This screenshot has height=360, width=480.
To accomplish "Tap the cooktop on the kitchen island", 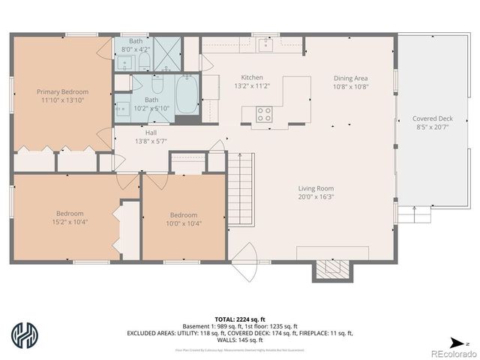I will tap(264, 114).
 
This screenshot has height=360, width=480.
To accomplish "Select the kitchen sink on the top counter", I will tap(265, 44).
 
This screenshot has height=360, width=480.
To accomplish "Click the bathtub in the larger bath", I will tap(187, 94).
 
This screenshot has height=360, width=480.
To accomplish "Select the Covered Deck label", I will tap(432, 118).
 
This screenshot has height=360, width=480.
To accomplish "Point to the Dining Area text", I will tap(351, 77).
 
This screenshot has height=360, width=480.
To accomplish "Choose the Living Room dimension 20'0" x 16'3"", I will tap(315, 197).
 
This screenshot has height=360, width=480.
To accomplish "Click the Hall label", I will tap(151, 133).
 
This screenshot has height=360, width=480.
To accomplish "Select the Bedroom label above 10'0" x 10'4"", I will tap(183, 213).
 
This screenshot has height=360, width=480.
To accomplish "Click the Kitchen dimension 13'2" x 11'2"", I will tap(251, 86).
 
